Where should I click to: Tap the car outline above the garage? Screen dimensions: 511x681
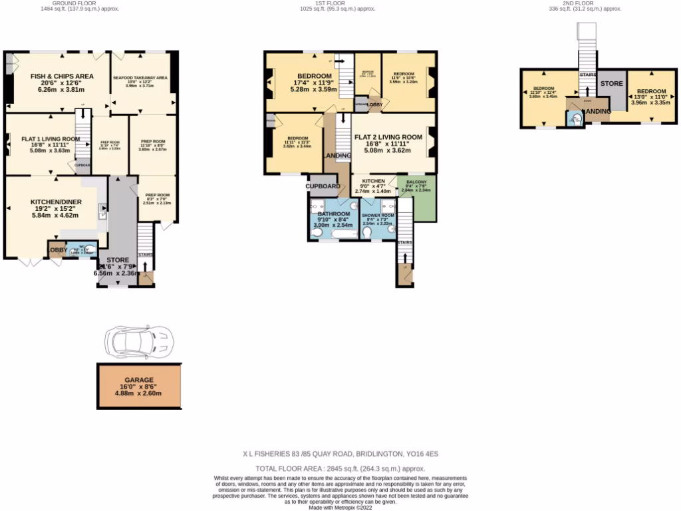coord(139,341)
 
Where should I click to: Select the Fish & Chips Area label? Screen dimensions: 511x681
coord(62,77)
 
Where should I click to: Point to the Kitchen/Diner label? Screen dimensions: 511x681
coord(55,202)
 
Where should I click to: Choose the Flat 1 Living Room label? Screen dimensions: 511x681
coord(50,139)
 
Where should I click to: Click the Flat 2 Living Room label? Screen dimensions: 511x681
coord(388,138)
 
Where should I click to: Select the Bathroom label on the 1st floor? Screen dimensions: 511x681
coord(333,214)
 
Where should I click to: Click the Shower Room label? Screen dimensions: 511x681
coord(378,216)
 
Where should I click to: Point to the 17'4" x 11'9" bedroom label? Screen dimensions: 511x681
coord(301,75)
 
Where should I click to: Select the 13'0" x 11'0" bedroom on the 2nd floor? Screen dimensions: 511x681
coord(650,91)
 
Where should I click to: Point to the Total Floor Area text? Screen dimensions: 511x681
coord(340,469)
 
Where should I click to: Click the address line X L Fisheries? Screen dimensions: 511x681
coord(340,454)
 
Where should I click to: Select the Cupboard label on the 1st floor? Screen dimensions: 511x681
coord(323,186)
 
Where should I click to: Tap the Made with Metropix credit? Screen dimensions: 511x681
coord(340,508)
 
